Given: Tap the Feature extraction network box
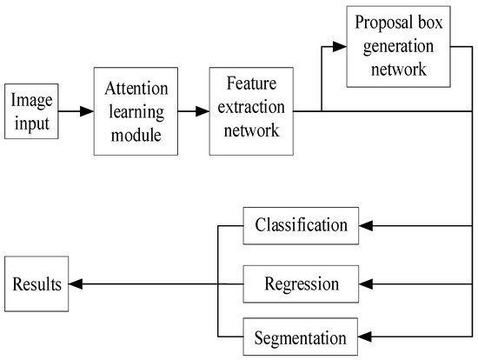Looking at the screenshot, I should point(249,111).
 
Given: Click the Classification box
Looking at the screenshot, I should point(301,226).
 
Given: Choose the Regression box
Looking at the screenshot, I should point(301,283).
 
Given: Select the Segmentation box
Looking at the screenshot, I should point(301,336).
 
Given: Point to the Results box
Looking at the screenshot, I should point(37,283).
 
